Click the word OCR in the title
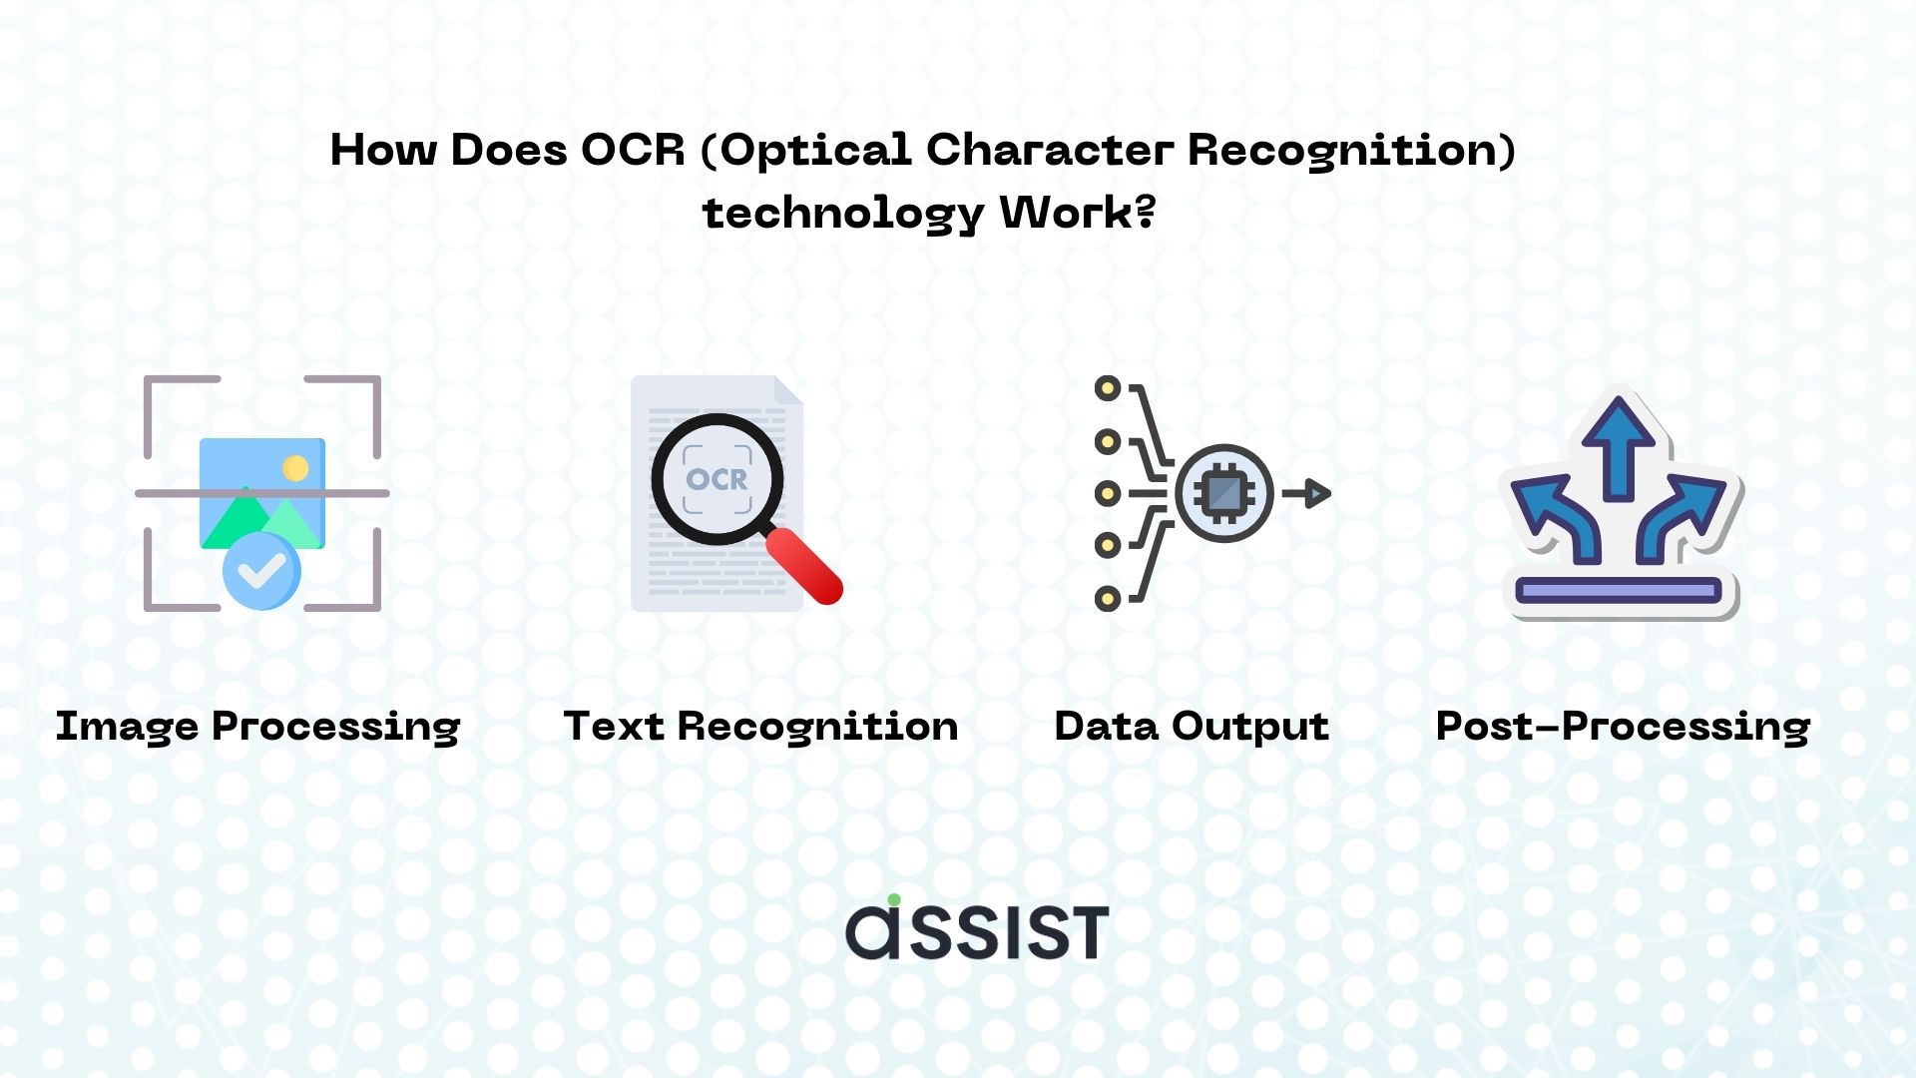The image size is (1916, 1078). tap(633, 150)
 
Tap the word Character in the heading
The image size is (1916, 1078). tap(1050, 150)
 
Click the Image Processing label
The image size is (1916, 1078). tap(257, 727)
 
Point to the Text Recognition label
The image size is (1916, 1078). tap(760, 727)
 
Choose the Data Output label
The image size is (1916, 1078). tap(1192, 727)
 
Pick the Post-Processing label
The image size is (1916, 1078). tap(1623, 727)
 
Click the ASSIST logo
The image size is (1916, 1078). tap(977, 928)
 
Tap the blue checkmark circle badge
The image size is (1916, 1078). tap(261, 571)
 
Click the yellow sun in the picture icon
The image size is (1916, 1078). tap(295, 468)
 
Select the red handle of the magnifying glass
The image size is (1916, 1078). tap(805, 566)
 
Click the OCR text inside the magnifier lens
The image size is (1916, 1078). tap(717, 480)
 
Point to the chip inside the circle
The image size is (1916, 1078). tap(1224, 493)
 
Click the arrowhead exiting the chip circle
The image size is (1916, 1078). tap(1317, 493)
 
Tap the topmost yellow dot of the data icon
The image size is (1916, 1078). tap(1108, 388)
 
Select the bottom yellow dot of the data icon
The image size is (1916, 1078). tap(1108, 599)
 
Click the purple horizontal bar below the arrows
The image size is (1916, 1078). tap(1619, 591)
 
